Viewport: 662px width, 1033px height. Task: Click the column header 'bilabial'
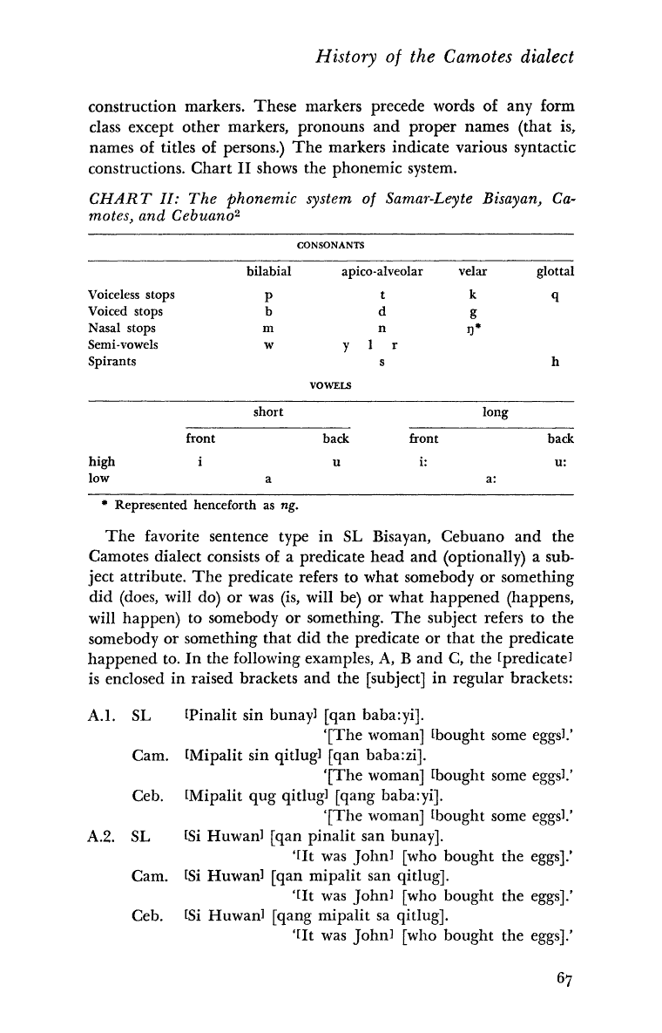(x=267, y=271)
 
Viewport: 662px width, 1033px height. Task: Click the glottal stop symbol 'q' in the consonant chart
(x=555, y=296)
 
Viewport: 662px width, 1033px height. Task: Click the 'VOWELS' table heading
(x=330, y=384)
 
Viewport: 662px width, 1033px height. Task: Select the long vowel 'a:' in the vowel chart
(x=491, y=478)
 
